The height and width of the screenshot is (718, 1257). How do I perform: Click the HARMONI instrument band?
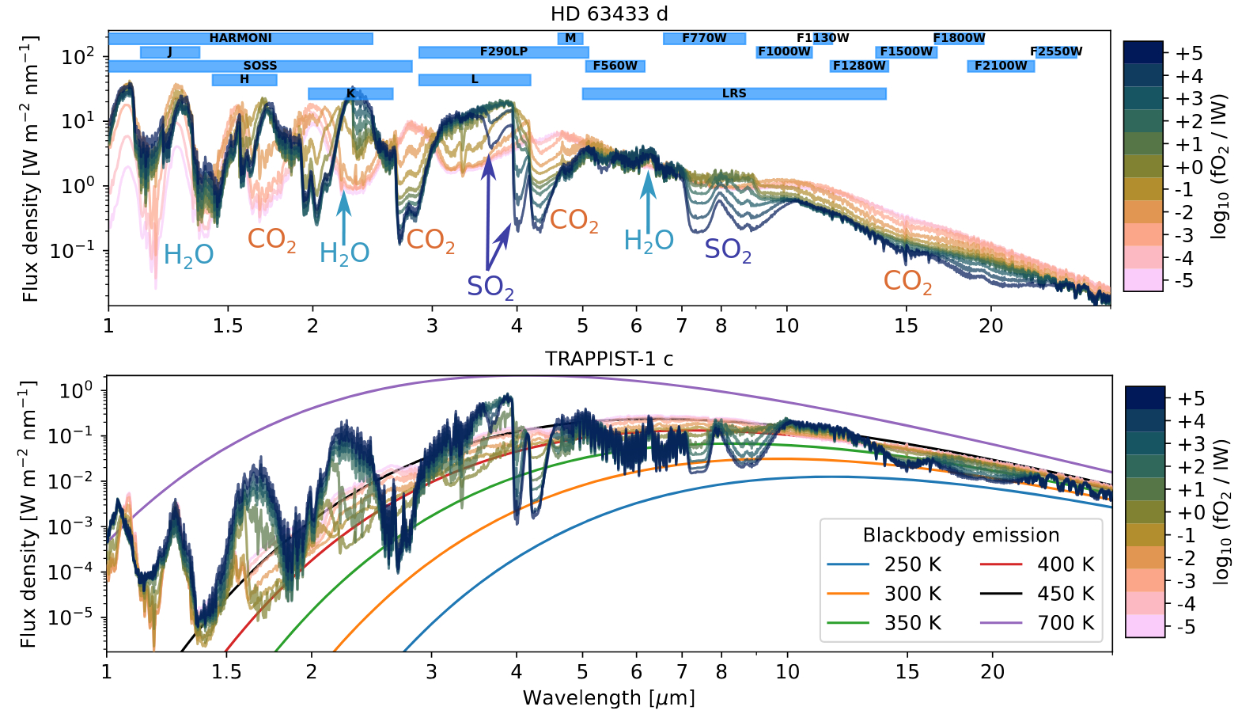tap(240, 38)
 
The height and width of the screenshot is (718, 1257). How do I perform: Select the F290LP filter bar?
tap(503, 52)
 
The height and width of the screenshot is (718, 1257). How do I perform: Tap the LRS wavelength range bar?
tap(733, 93)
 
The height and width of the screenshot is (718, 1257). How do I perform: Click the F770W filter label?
tap(704, 38)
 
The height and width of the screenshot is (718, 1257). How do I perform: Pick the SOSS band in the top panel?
tap(260, 66)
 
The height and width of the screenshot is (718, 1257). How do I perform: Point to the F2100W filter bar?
tap(1001, 66)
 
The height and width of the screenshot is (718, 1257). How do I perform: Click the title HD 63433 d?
tap(609, 14)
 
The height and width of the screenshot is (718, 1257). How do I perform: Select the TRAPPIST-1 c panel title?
tap(609, 359)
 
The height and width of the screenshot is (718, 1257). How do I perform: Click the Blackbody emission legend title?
tap(960, 535)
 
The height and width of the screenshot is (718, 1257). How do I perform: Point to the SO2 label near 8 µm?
tap(728, 249)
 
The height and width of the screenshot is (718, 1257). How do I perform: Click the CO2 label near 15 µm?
tap(907, 281)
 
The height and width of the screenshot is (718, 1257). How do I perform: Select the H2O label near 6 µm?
tap(649, 241)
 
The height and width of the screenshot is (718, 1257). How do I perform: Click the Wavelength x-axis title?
tap(608, 698)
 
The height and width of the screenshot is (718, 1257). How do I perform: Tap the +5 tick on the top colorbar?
tap(1188, 53)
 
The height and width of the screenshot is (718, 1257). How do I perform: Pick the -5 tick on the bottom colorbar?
tap(1185, 626)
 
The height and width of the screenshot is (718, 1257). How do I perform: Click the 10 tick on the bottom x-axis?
tap(787, 671)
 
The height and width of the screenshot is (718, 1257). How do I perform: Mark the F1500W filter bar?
tap(907, 52)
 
